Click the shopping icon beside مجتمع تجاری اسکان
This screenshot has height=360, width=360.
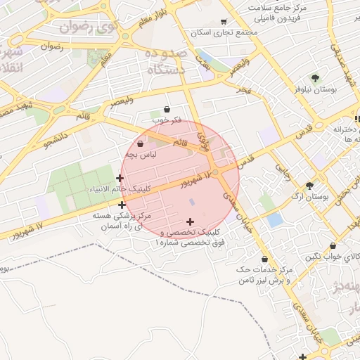click(x=224, y=22)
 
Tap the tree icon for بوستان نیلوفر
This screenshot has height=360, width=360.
click(x=314, y=78)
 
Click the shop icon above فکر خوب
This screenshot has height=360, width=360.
click(x=166, y=110)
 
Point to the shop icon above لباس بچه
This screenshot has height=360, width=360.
click(x=141, y=143)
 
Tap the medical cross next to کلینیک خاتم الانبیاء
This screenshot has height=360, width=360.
click(x=120, y=179)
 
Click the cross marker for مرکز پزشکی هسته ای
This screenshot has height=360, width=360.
click(x=122, y=205)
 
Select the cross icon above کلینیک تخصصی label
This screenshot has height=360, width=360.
click(x=189, y=221)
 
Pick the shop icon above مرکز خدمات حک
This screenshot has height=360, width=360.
click(x=264, y=259)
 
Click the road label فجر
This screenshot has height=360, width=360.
click(x=243, y=91)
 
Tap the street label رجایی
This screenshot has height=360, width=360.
click(x=282, y=172)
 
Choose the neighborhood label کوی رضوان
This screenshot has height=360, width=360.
click(x=86, y=27)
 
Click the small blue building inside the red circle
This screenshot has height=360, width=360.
click(x=192, y=202)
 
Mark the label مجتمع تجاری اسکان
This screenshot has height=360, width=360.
click(x=224, y=32)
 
